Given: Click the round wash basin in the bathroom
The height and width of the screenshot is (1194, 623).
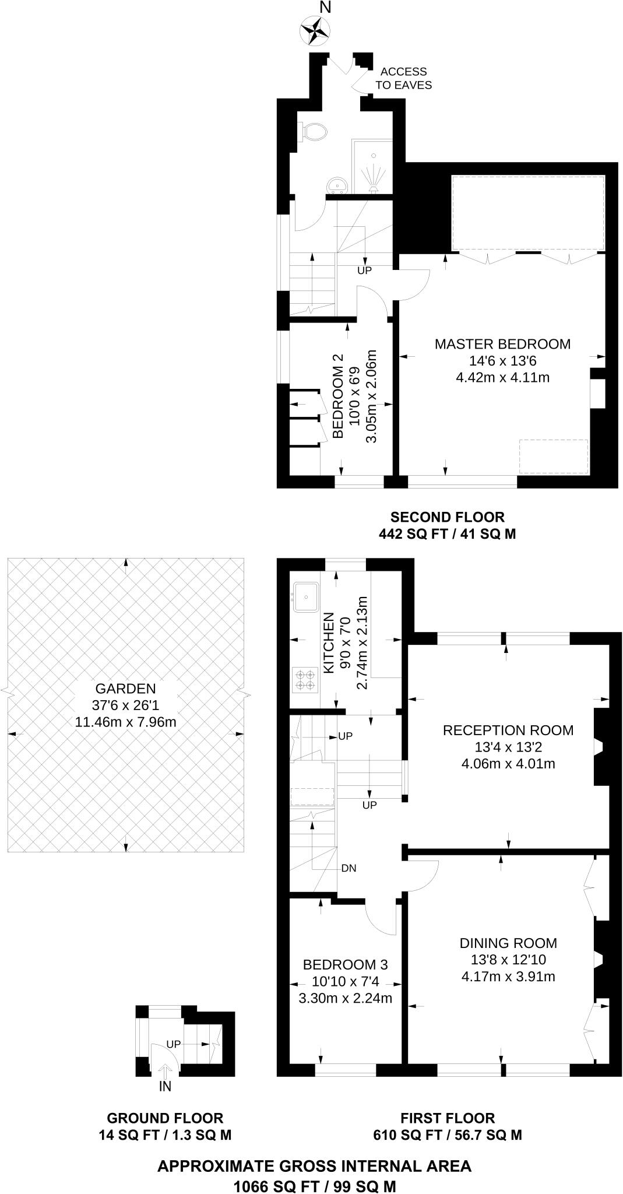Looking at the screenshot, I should pos(337,185).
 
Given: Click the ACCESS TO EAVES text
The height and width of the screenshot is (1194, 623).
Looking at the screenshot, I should pos(403,78).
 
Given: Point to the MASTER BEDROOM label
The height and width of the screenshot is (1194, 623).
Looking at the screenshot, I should pos(502,344).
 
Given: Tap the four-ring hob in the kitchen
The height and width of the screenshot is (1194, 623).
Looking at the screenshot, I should pos(305,680).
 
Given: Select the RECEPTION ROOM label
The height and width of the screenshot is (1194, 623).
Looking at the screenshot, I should pos(508,730).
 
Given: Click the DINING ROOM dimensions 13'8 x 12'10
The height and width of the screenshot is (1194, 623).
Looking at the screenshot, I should pos(508,960).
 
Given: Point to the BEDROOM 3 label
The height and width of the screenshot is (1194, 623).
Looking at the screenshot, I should pos(345,964).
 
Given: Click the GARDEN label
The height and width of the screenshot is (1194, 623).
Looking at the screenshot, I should pos(125,689).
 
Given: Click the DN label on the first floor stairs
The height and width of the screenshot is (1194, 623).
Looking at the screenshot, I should pos(349,868).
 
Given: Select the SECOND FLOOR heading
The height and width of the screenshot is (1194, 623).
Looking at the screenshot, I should pos(447,517).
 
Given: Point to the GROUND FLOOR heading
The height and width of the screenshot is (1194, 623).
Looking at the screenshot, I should pos(165,1118).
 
